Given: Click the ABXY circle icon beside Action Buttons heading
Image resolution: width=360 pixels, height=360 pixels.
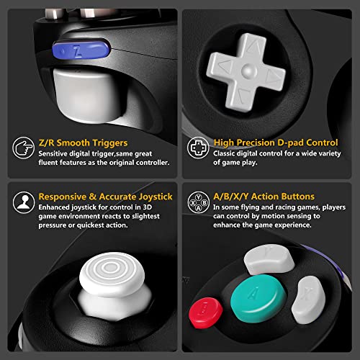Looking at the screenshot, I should (196, 201).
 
